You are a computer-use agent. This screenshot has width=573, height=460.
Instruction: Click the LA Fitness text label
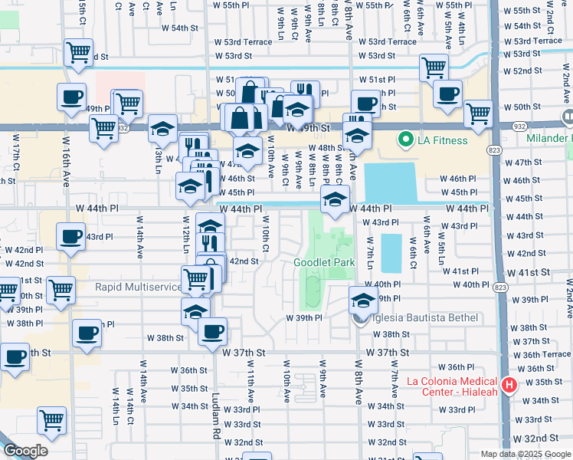coord(442,140)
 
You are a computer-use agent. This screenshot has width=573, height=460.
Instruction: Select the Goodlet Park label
coord(324,262)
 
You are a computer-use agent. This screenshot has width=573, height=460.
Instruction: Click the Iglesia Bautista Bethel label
coord(425,317)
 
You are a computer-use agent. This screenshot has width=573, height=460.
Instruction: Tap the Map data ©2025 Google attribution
coord(525,454)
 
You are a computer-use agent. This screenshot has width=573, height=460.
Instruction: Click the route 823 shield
coord(500,287)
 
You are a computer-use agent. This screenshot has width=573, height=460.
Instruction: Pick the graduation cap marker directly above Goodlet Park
coord(335,201)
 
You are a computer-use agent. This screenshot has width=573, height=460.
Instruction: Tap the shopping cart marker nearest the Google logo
coord(51,420)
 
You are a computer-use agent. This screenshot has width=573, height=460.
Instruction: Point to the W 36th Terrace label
coord(542,354)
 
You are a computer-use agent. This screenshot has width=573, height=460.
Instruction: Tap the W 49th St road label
coord(313,127)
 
